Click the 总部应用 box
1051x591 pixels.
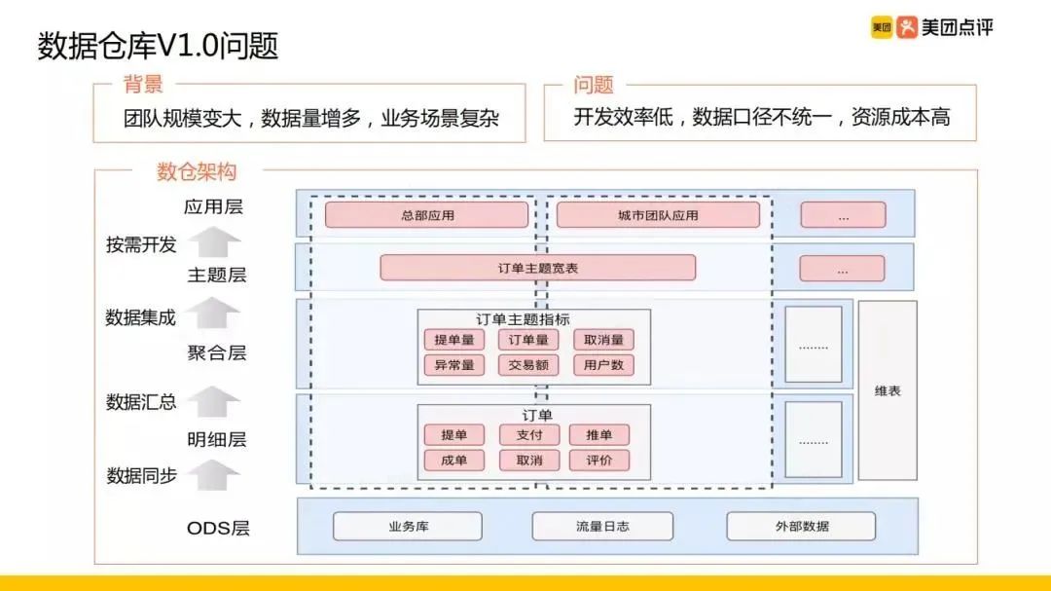[426, 215]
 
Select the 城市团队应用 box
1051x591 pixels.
[658, 215]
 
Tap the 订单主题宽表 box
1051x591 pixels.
[537, 268]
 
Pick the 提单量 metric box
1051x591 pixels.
[453, 340]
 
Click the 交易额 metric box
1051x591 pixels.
[528, 365]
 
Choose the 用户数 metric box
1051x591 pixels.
[603, 365]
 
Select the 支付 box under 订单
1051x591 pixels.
[528, 435]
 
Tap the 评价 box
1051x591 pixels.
[599, 461]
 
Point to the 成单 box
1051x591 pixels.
[454, 461]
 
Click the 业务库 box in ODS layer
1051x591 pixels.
[408, 527]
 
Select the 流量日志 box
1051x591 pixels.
[602, 527]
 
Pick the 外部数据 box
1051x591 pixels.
[802, 527]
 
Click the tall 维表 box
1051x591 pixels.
[888, 390]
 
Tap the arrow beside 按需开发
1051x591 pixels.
[213, 240]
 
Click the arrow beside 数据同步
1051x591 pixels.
[213, 474]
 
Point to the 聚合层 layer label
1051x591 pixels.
[216, 352]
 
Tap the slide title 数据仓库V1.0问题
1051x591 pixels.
[158, 46]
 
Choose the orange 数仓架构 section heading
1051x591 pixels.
[197, 171]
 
